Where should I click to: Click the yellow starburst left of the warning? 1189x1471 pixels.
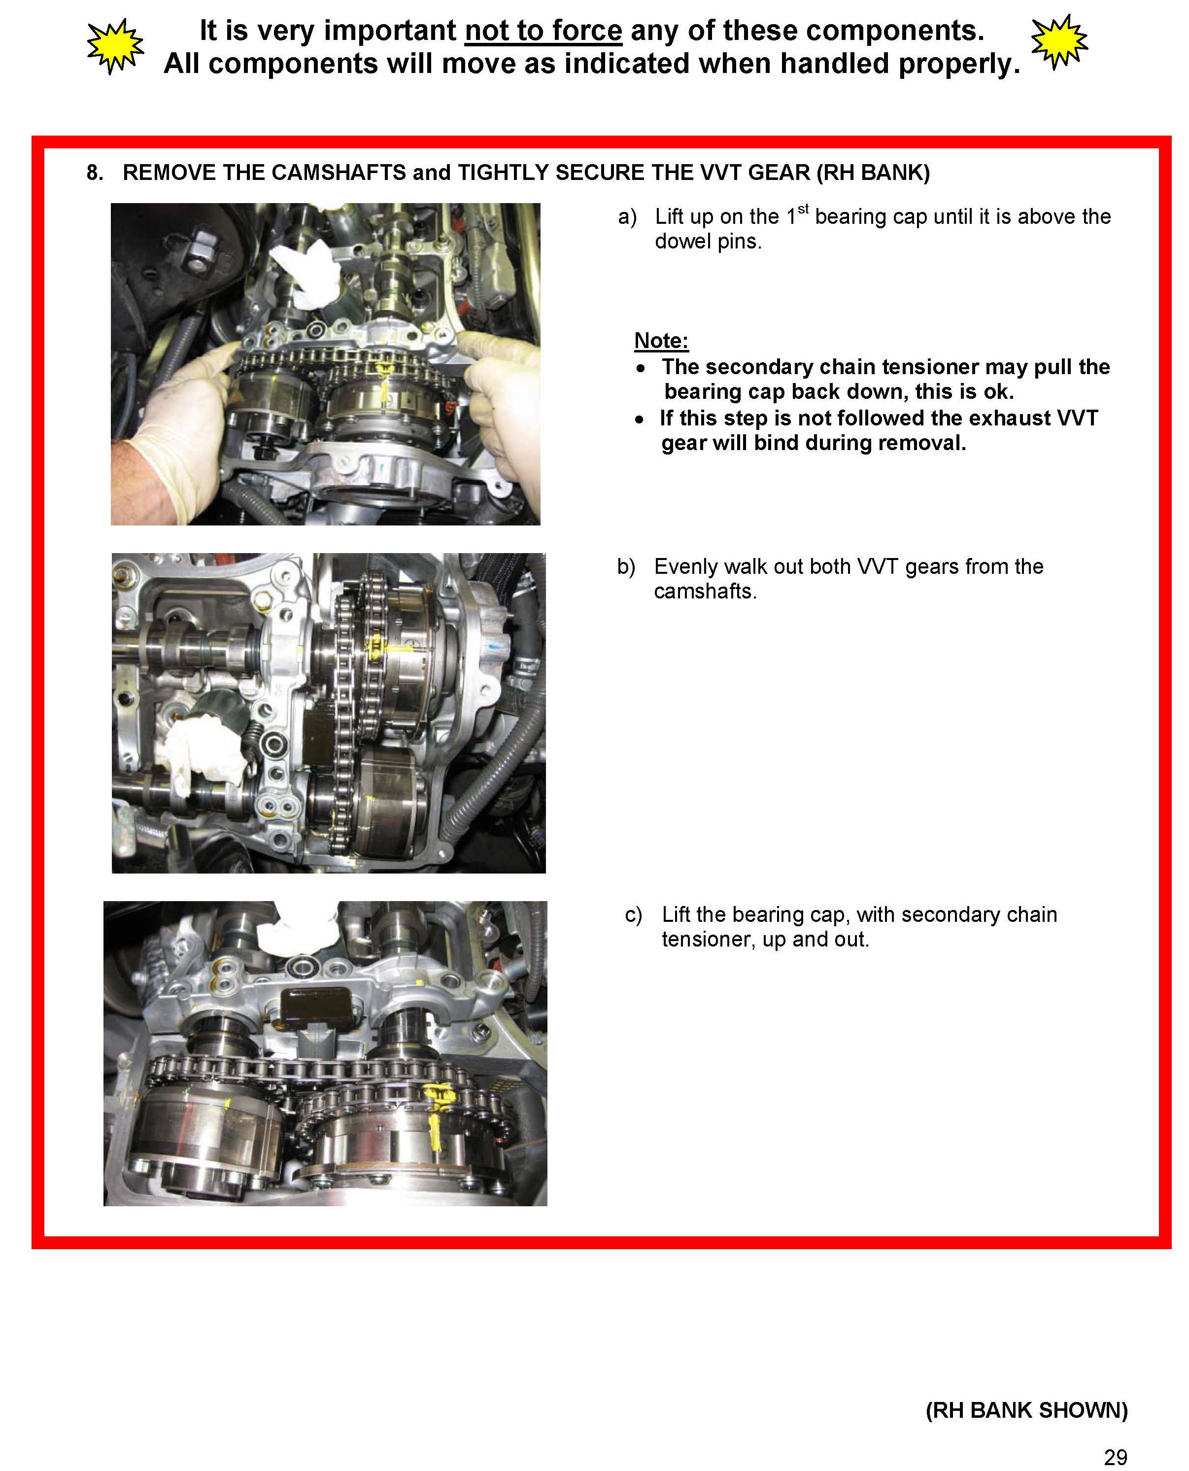116,46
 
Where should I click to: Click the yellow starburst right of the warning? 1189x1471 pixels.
1059,42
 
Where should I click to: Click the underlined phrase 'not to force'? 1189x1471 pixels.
543,31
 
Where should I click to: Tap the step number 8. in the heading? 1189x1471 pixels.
95,173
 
